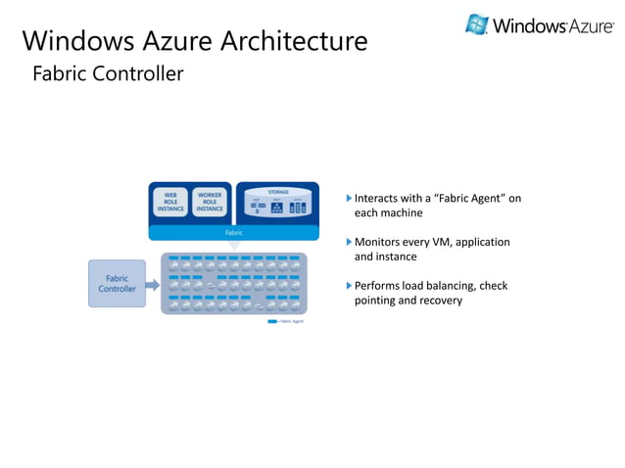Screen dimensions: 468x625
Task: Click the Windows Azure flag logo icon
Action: click(x=477, y=24)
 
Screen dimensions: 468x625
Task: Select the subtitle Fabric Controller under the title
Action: click(x=108, y=73)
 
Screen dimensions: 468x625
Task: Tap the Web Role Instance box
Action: click(x=170, y=202)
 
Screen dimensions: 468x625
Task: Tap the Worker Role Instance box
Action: click(x=210, y=202)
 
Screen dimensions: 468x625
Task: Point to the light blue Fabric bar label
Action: click(x=233, y=233)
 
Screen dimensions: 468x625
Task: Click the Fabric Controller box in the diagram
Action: click(x=117, y=284)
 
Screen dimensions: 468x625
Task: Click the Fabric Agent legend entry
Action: click(x=286, y=321)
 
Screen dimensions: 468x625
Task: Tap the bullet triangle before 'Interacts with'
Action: click(x=348, y=199)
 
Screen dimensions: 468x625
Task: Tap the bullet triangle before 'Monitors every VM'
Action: click(x=348, y=242)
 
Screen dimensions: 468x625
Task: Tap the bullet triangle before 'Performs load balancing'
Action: click(x=348, y=286)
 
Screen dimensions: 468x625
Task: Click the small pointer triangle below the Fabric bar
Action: click(x=233, y=245)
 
